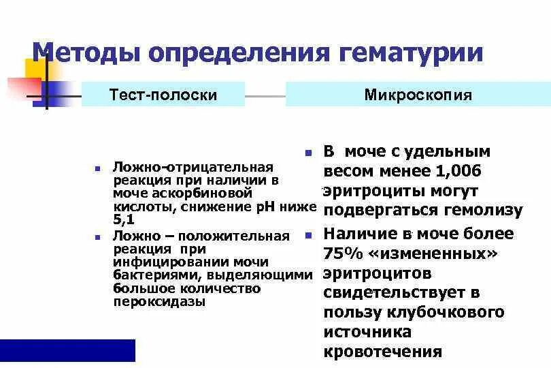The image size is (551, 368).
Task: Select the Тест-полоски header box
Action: (x=163, y=95)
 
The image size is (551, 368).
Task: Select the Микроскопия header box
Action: (x=418, y=95)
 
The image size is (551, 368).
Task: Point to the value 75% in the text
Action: (x=345, y=254)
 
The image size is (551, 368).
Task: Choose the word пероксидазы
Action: (x=159, y=301)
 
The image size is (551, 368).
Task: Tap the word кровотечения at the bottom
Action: (x=383, y=352)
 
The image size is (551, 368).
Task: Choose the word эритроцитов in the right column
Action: (x=377, y=273)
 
